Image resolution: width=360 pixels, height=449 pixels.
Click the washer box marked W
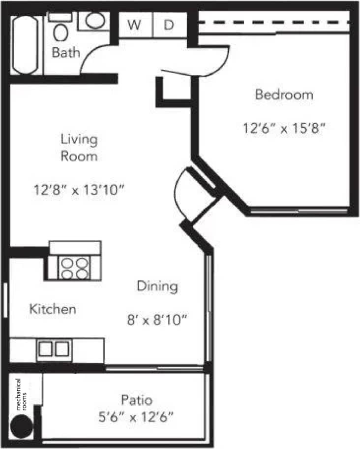click(133, 25)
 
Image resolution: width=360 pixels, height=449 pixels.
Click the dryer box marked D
click(169, 25)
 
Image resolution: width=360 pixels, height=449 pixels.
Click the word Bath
click(66, 53)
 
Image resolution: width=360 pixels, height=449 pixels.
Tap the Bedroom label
click(284, 95)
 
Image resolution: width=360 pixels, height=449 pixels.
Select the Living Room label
click(79, 147)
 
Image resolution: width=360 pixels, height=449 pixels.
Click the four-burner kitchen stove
click(75, 268)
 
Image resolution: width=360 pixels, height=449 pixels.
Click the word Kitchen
click(53, 309)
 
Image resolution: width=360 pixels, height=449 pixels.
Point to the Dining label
click(157, 286)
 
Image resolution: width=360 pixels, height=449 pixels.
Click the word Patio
click(136, 399)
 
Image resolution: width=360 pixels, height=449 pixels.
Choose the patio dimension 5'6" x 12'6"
click(136, 418)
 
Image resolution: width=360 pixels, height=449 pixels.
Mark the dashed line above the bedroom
click(273, 22)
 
